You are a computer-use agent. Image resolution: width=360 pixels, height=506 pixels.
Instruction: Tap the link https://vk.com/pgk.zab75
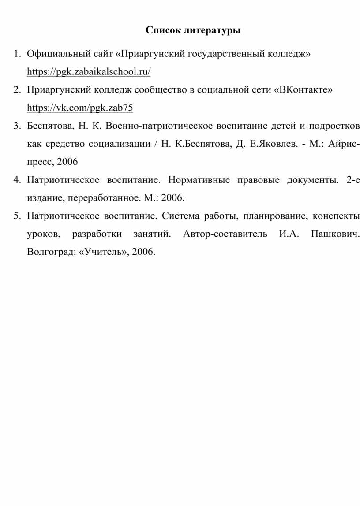point(80,107)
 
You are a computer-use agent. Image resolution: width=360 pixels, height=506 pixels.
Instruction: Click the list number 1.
point(16,54)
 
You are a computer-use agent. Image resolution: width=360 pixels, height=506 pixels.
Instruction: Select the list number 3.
point(16,126)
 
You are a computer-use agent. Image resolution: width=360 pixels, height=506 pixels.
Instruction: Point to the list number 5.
point(16,216)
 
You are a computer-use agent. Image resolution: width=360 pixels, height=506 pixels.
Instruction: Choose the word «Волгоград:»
point(51,252)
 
